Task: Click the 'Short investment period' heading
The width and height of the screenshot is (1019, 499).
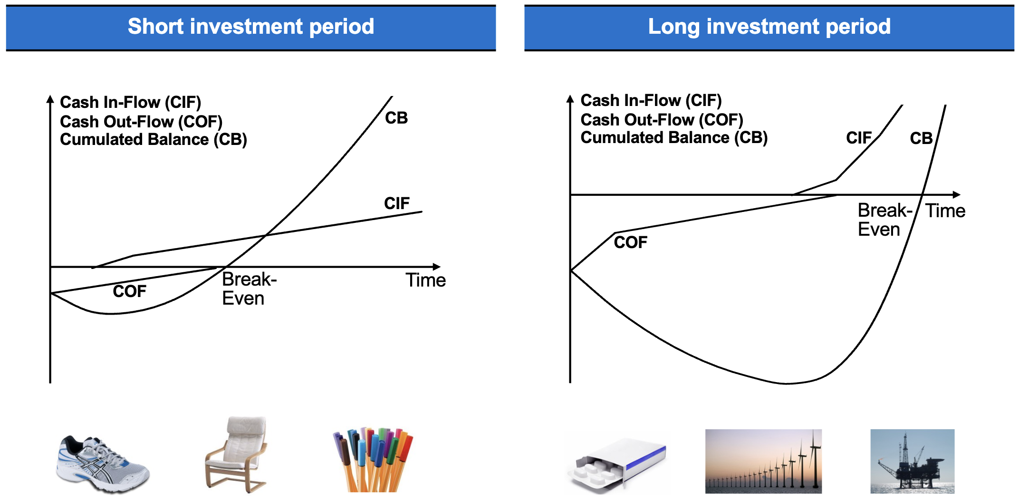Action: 251,26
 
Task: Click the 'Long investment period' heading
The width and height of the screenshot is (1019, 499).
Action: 769,27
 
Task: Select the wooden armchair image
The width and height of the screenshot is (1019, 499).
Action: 236,454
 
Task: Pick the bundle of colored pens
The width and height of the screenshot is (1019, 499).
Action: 373,459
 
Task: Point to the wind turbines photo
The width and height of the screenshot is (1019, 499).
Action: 763,461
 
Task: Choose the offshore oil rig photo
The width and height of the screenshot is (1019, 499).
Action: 912,461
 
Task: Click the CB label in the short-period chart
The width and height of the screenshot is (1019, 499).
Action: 396,118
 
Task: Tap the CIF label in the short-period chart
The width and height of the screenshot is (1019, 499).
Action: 397,203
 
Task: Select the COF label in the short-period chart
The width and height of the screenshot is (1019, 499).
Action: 129,291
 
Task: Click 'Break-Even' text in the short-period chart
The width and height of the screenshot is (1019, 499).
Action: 249,289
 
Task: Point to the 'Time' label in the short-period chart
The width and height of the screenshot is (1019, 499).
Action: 425,280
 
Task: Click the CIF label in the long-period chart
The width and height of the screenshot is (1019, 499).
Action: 859,138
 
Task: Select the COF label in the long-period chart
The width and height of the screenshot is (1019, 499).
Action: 631,242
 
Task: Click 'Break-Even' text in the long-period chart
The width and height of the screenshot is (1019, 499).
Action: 884,220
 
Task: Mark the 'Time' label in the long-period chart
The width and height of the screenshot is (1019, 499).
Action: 945,211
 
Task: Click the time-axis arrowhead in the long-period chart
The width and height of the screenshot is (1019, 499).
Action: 957,195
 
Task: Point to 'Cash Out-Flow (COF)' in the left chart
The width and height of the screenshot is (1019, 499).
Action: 141,122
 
